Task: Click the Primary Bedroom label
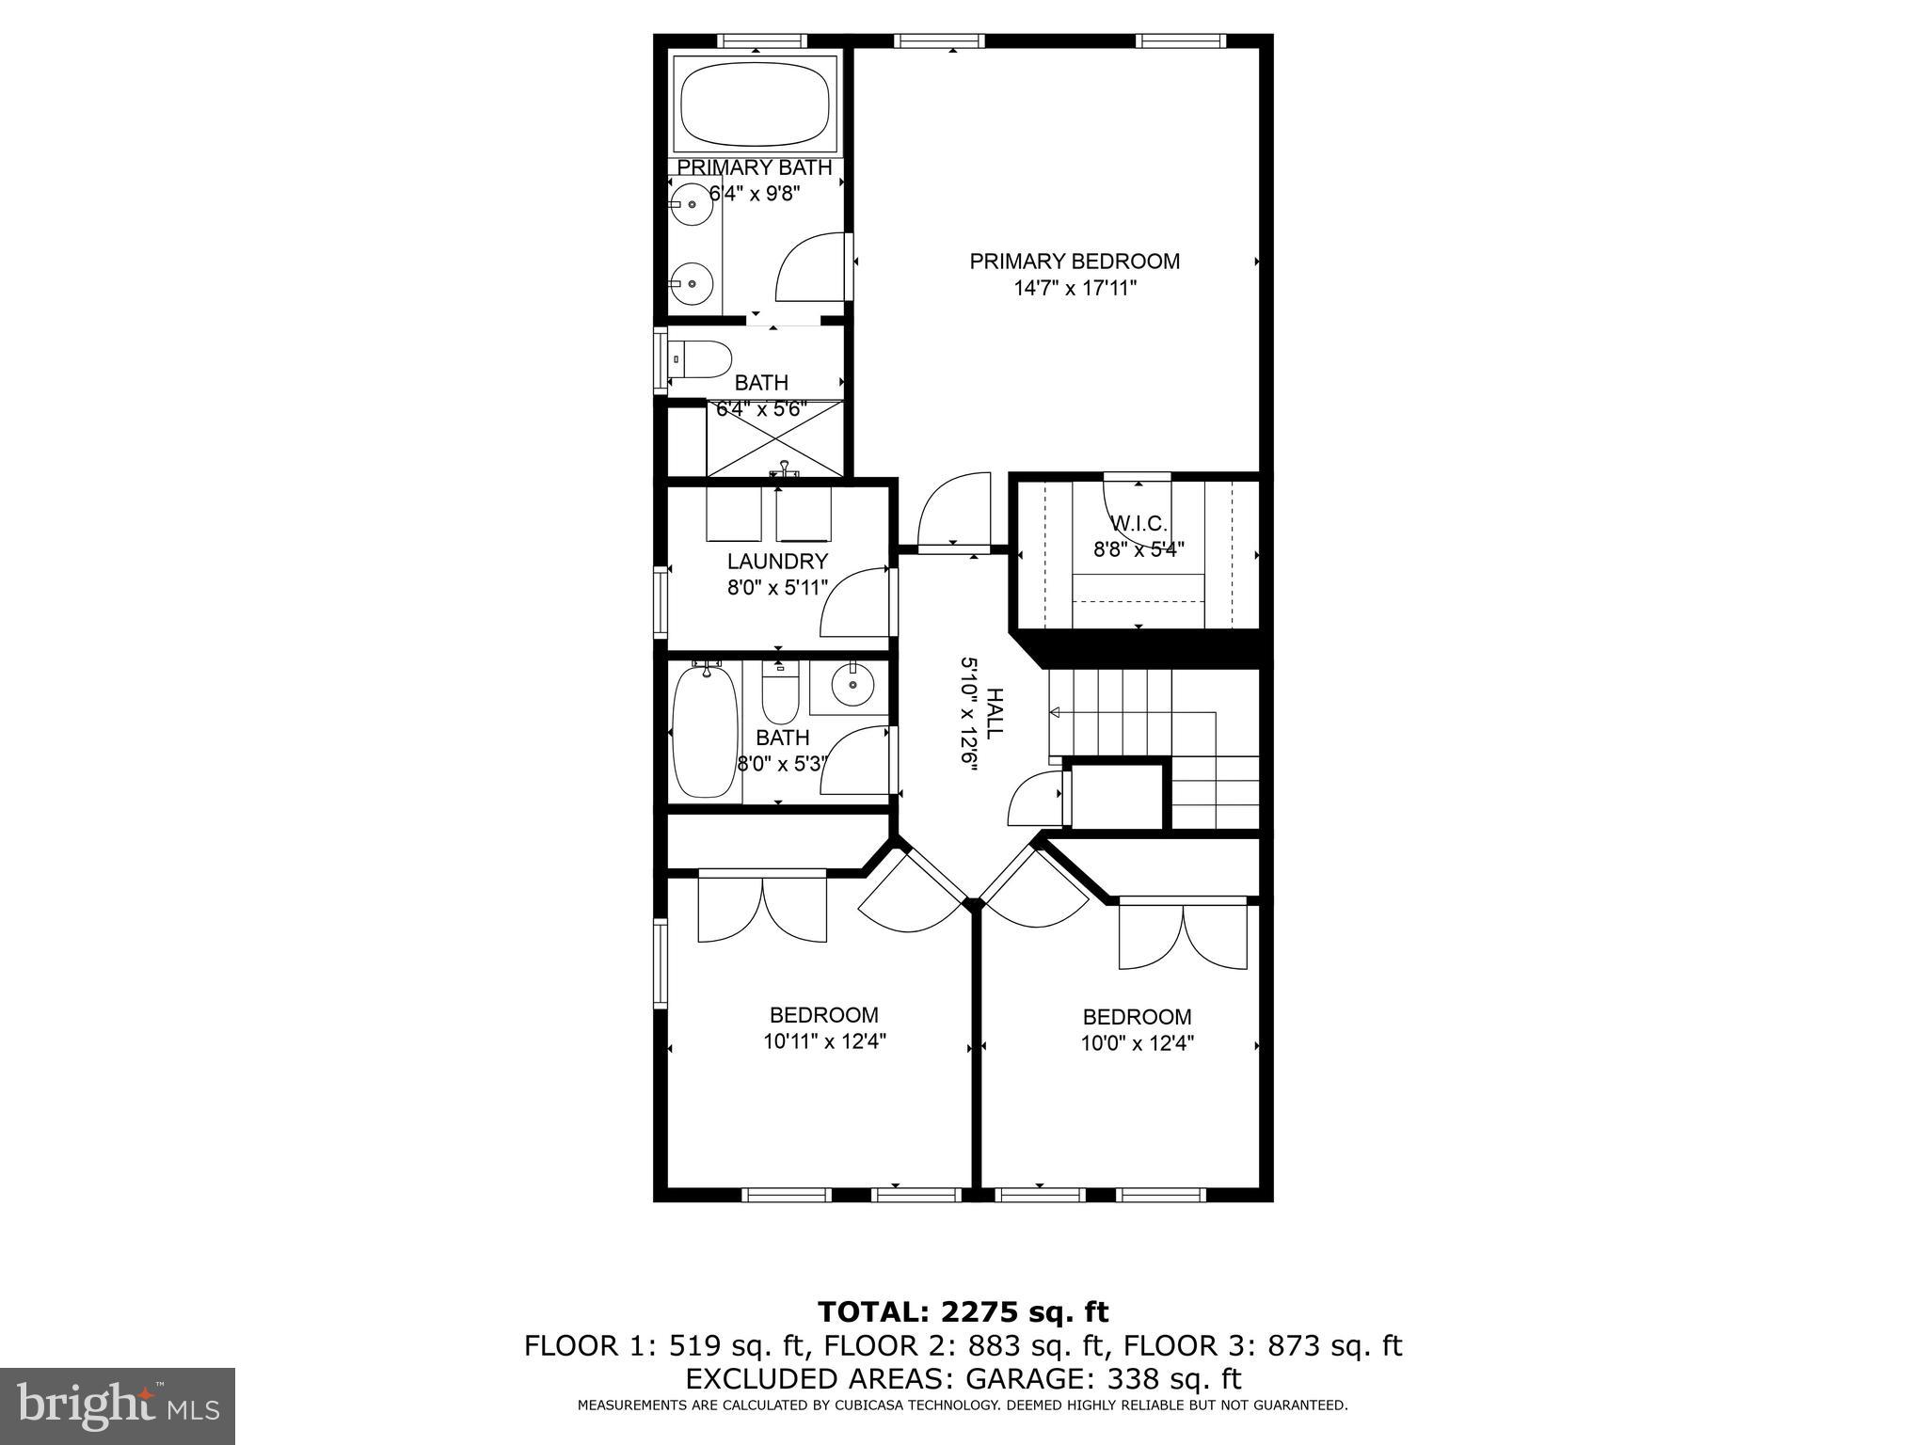(x=1075, y=261)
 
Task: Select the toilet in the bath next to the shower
(x=704, y=359)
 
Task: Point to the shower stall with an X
(x=775, y=439)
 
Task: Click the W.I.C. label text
(x=1139, y=523)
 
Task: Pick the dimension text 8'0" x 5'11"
(x=777, y=588)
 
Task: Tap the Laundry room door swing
(x=854, y=604)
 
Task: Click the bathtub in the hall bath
(x=704, y=732)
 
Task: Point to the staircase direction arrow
(x=1056, y=713)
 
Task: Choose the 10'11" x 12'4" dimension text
(x=824, y=1041)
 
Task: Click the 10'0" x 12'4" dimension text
(x=1137, y=1043)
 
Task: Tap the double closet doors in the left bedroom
(x=762, y=908)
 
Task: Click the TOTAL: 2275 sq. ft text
(x=963, y=1311)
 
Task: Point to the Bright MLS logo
(x=118, y=1406)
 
